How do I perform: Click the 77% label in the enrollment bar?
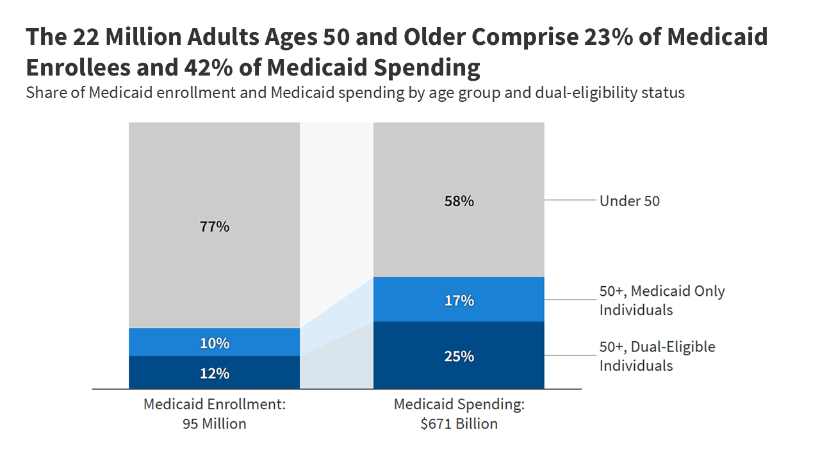pyautogui.click(x=214, y=227)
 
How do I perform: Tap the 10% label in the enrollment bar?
pyautogui.click(x=214, y=343)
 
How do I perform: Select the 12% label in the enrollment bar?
pyautogui.click(x=214, y=373)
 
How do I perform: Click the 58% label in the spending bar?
pyautogui.click(x=459, y=201)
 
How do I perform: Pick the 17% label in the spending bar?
pyautogui.click(x=459, y=300)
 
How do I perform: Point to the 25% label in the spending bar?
pyautogui.click(x=459, y=356)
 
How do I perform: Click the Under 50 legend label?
pyautogui.click(x=629, y=201)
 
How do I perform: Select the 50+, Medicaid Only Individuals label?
pyautogui.click(x=662, y=300)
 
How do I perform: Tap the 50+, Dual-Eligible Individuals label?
pyautogui.click(x=657, y=356)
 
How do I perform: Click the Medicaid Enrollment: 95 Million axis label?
pyautogui.click(x=214, y=414)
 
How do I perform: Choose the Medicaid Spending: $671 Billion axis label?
pyautogui.click(x=459, y=414)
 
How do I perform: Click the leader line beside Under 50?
pyautogui.click(x=570, y=200)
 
